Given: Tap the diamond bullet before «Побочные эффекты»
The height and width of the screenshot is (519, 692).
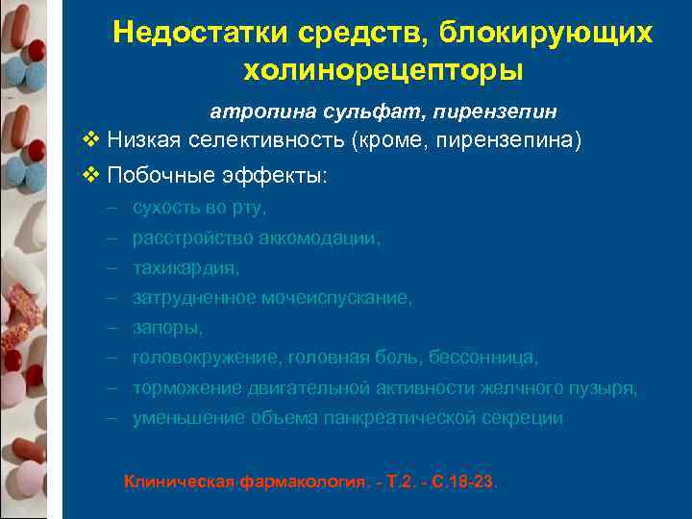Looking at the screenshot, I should pyautogui.click(x=91, y=176).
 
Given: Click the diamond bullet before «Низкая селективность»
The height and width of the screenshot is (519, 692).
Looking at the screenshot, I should pyautogui.click(x=91, y=141).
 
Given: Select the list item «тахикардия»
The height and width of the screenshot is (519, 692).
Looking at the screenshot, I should pyautogui.click(x=185, y=268).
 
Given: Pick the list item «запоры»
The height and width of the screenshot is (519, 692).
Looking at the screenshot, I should pyautogui.click(x=167, y=328).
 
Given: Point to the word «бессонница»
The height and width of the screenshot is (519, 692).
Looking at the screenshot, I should pyautogui.click(x=485, y=358).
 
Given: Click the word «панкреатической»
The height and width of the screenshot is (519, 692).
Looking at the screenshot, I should pyautogui.click(x=381, y=418).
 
